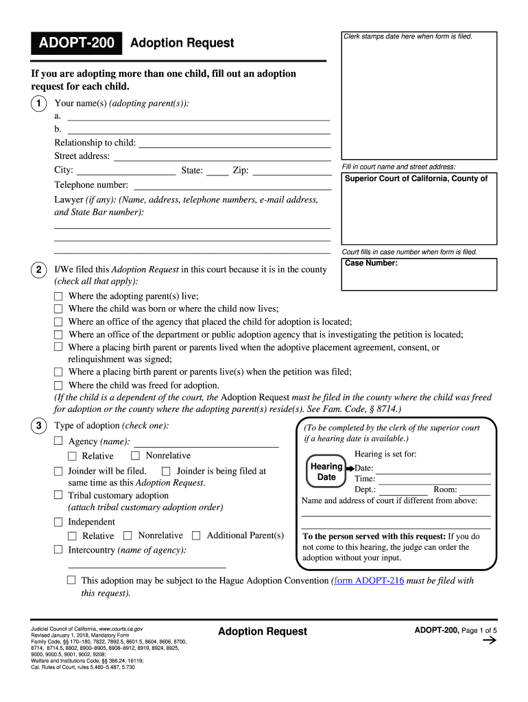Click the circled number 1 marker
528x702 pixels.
[x=38, y=104]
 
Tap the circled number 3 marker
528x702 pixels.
[x=38, y=426]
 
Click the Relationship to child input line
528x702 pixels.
[x=235, y=143]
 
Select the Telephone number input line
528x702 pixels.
[x=232, y=185]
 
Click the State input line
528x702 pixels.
[x=217, y=171]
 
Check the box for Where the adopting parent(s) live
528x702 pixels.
[x=58, y=297]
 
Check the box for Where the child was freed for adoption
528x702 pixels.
[x=58, y=385]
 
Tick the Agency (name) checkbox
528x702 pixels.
[x=58, y=441]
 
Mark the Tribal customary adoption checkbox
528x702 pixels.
[x=58, y=495]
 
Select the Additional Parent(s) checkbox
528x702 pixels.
[x=196, y=535]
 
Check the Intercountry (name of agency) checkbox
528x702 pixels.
[x=58, y=550]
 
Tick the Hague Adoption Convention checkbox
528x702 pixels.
[x=71, y=581]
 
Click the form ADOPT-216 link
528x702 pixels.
[x=368, y=581]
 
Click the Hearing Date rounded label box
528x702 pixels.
[x=326, y=472]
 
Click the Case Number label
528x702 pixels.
[x=371, y=263]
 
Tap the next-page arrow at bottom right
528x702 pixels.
[x=490, y=641]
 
